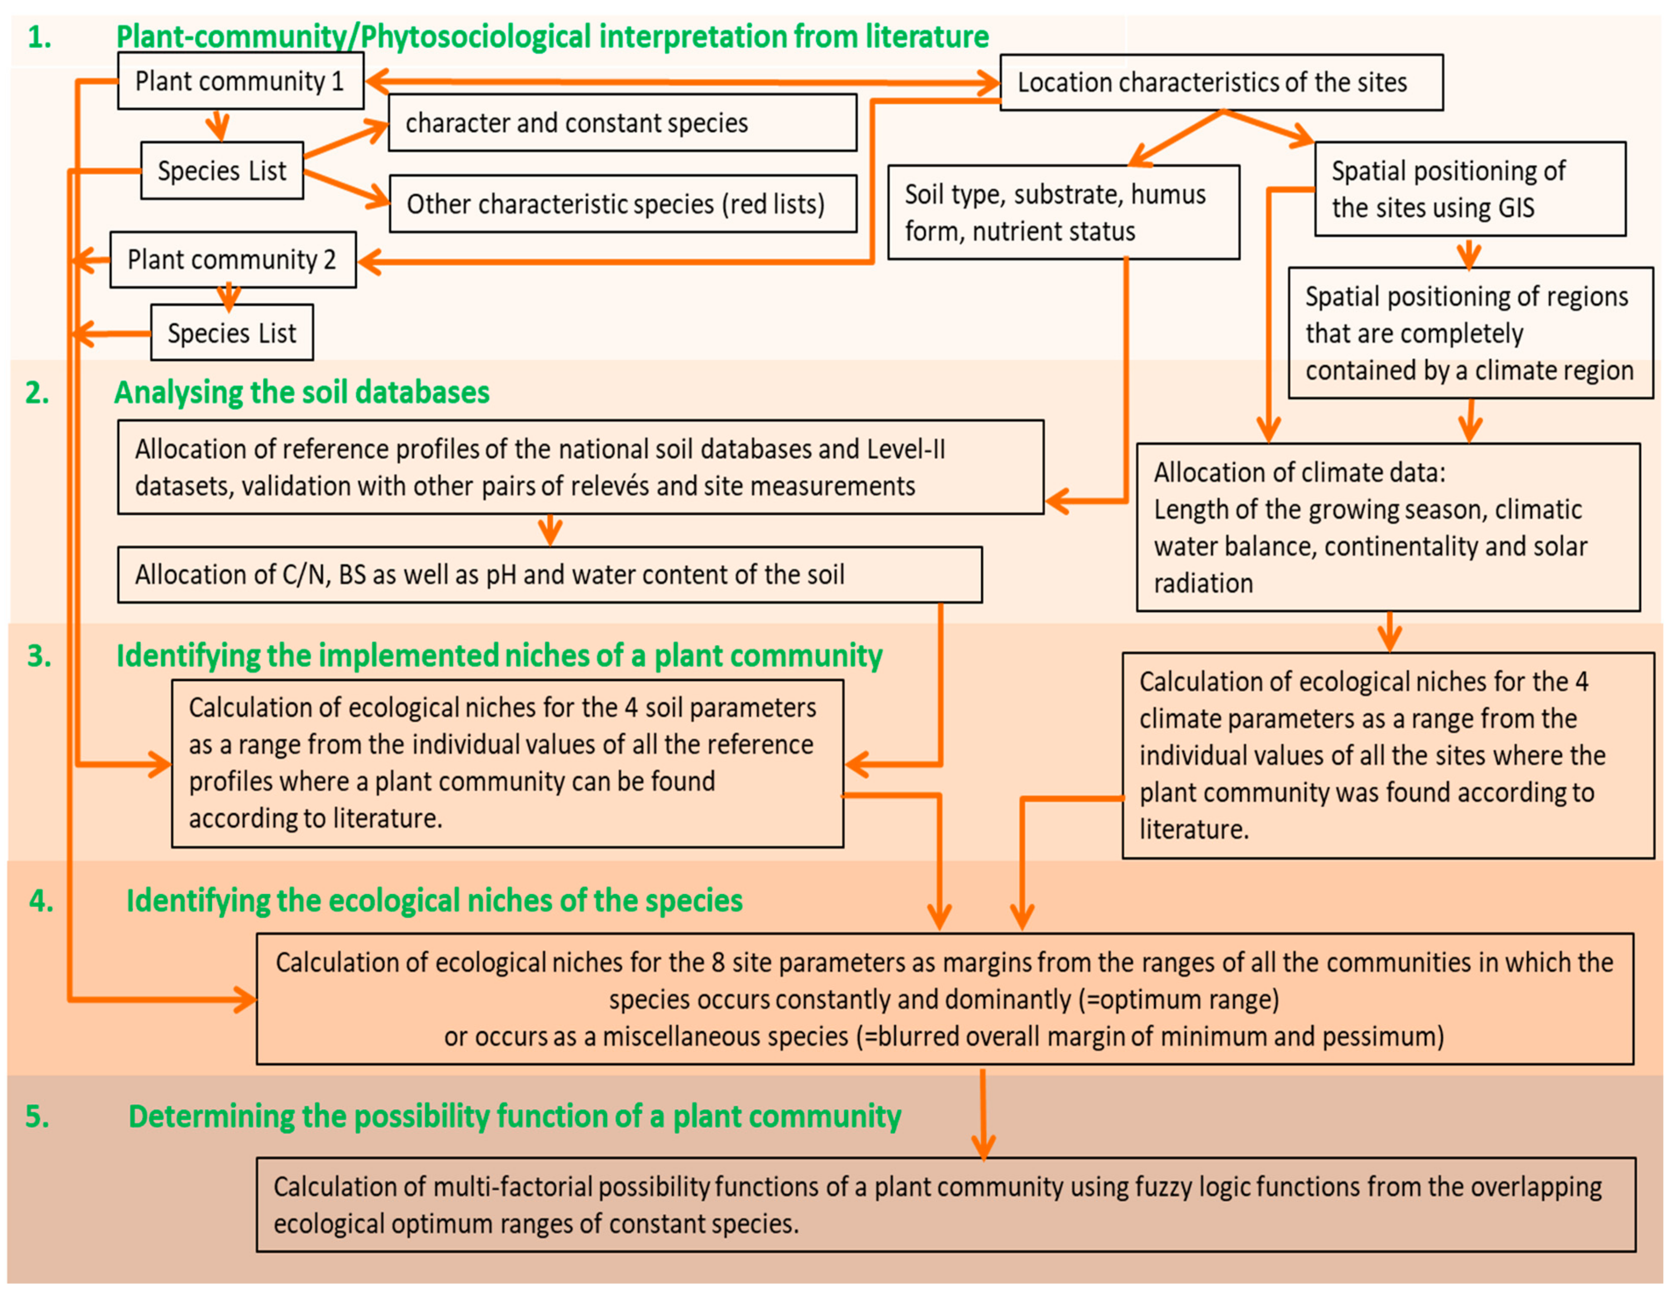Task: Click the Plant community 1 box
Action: (x=240, y=81)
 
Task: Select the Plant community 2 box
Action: (x=232, y=260)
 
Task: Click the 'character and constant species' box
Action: (x=622, y=123)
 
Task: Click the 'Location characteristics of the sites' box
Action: (x=1221, y=82)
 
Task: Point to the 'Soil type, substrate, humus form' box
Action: (x=1063, y=212)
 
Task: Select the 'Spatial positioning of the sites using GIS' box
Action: (x=1469, y=189)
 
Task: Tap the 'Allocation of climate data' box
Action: (x=1387, y=527)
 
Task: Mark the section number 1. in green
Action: (x=40, y=37)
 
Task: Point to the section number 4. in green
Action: (x=41, y=901)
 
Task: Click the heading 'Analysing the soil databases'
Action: (x=302, y=392)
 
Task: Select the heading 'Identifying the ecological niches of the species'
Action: (x=435, y=901)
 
